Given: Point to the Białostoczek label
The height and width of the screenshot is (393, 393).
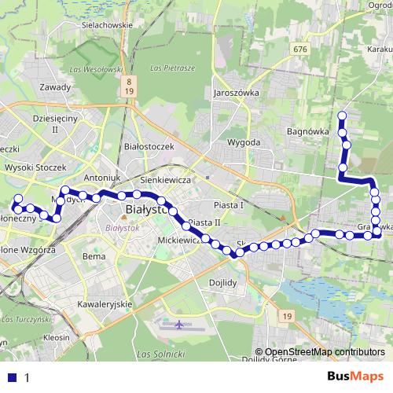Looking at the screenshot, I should point(149,146).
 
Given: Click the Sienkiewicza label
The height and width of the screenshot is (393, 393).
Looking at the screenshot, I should point(168,180).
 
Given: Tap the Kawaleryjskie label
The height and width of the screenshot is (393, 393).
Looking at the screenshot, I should point(104,303).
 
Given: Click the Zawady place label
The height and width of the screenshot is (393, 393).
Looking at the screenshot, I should point(56,87).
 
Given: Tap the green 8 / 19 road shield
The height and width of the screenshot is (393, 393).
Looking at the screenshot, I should point(127,86).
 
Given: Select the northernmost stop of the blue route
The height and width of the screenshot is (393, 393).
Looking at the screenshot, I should point(342,116).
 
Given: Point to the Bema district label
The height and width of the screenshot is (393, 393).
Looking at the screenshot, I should point(94,256).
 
